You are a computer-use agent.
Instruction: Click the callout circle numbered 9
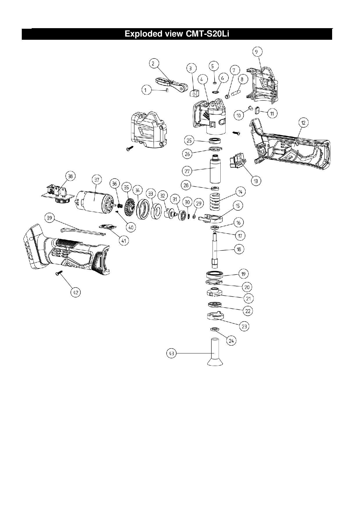coord(257,52)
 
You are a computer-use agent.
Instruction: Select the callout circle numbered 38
coord(70,176)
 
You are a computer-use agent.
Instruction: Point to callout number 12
coord(303,123)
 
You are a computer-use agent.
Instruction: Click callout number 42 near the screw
coord(75,292)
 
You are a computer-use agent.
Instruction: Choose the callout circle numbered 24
coord(231,341)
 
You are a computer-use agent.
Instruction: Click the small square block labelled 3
coord(194,93)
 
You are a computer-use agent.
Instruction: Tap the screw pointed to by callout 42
coord(58,272)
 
